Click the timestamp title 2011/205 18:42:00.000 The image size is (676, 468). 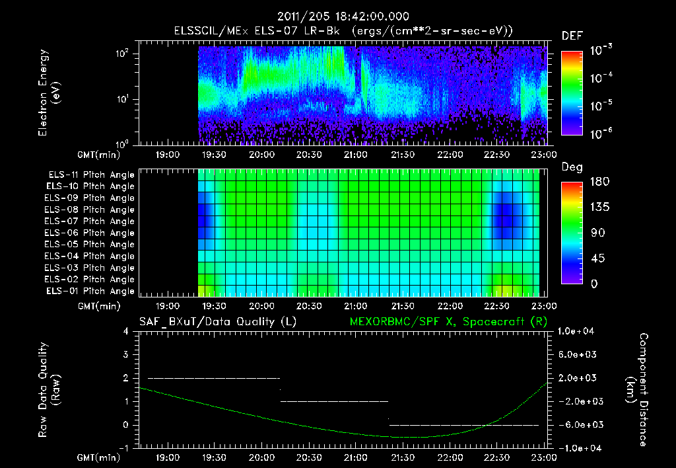pyautogui.click(x=343, y=17)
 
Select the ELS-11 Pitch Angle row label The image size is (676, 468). pyautogui.click(x=90, y=175)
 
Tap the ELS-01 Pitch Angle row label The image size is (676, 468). pyautogui.click(x=90, y=291)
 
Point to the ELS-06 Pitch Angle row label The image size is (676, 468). pyautogui.click(x=90, y=233)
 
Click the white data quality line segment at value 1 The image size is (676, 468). pyautogui.click(x=335, y=401)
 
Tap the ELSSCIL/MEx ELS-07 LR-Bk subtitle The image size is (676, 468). pyautogui.click(x=343, y=31)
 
